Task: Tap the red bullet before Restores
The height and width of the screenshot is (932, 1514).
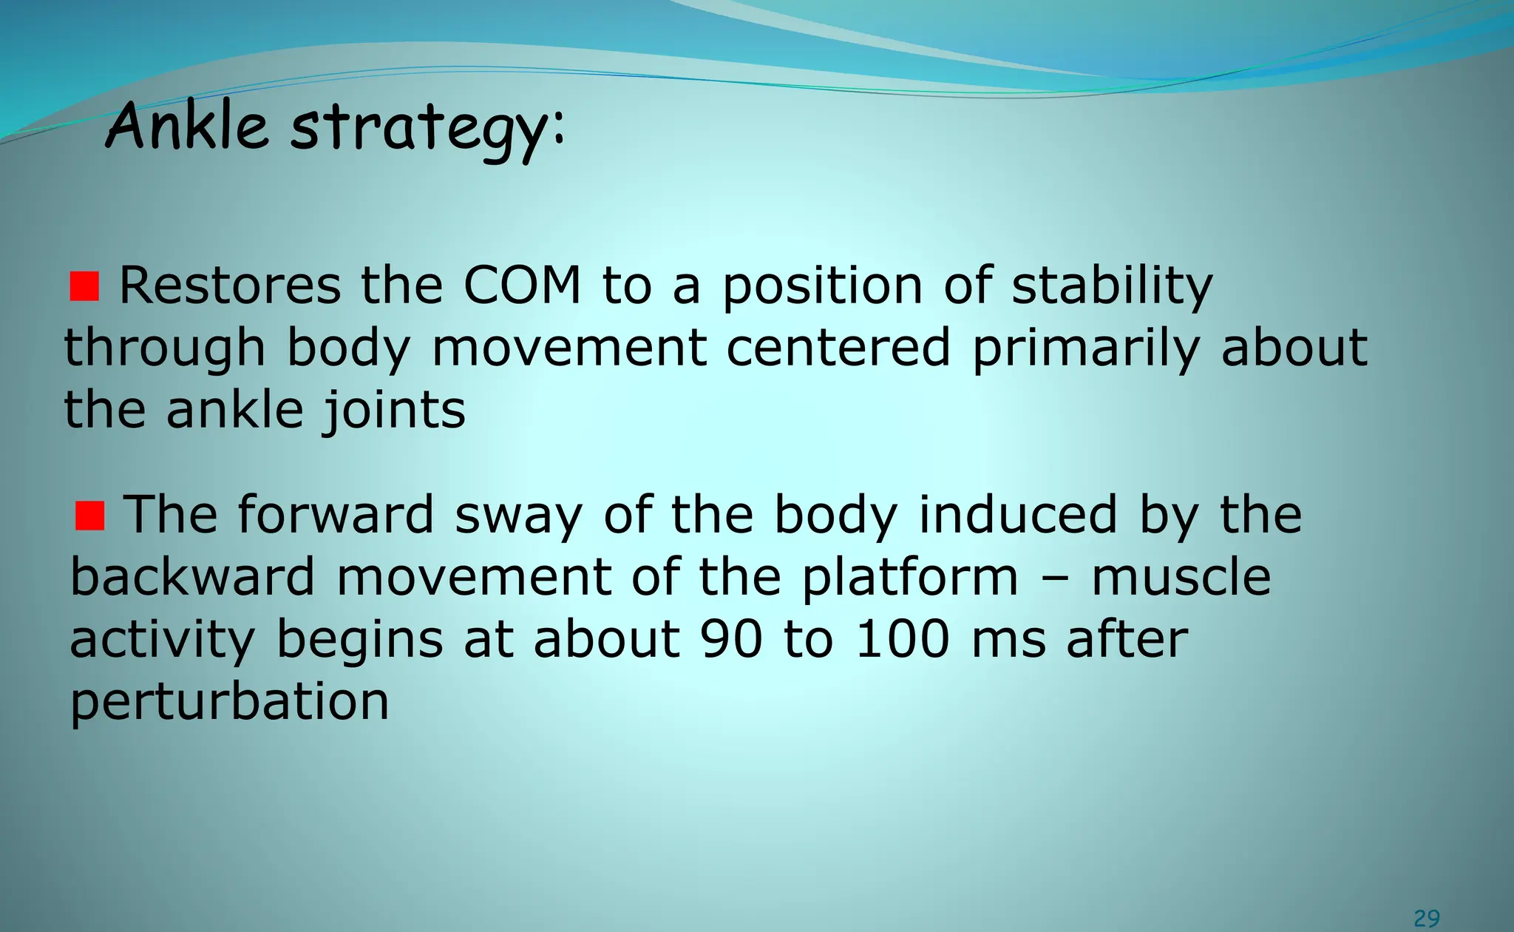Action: tap(84, 286)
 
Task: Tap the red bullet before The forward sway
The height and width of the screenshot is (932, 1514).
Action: tap(90, 516)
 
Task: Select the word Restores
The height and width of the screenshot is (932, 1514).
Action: tap(230, 286)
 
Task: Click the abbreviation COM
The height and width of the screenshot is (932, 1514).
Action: tap(522, 286)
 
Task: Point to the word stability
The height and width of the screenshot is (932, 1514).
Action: tap(1112, 286)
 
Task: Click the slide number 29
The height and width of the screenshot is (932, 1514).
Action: tap(1426, 918)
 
